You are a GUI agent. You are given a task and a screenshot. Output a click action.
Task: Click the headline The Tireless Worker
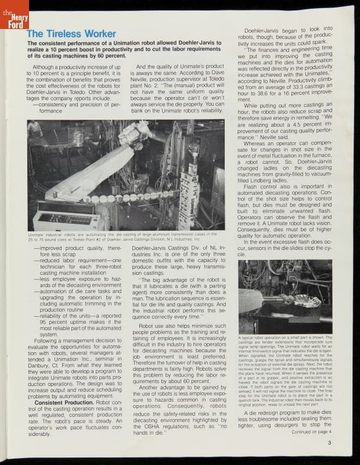71,34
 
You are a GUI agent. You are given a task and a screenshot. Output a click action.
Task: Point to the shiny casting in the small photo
305,302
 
